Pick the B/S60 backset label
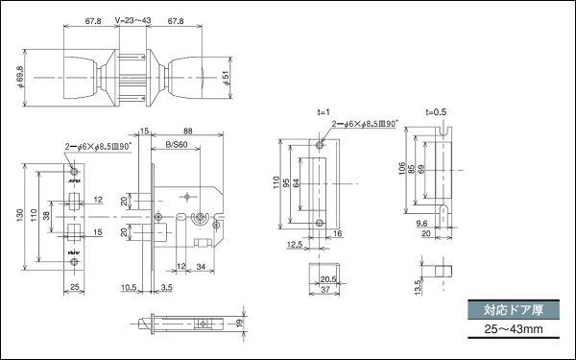point(175,145)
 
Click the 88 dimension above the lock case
point(187,132)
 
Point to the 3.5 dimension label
point(166,286)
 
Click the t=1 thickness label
point(323,112)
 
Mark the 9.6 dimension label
point(422,223)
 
